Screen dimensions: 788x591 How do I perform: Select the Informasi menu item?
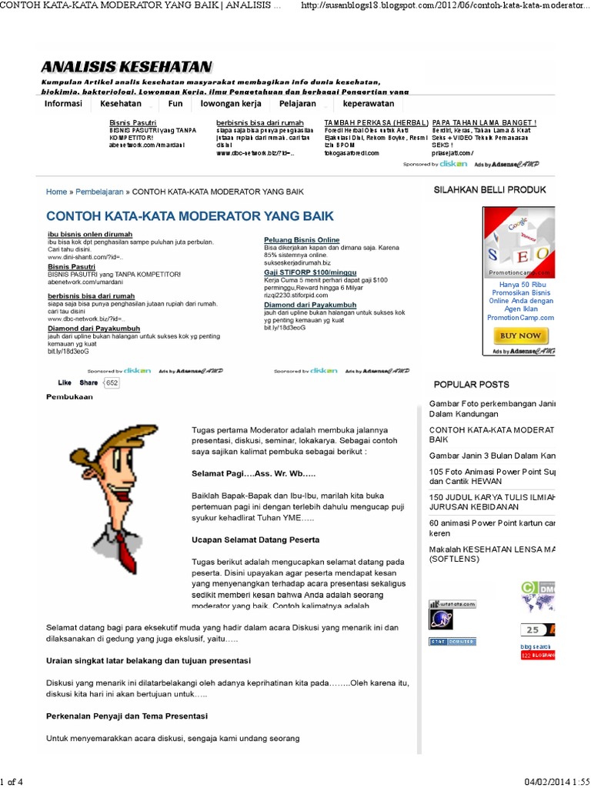click(63, 103)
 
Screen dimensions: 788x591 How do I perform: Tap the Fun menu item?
click(175, 103)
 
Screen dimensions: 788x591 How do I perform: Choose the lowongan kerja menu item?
click(231, 103)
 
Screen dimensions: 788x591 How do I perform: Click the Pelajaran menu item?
click(298, 103)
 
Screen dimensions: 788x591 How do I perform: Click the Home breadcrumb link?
click(56, 192)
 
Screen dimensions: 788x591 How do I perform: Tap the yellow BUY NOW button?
click(520, 336)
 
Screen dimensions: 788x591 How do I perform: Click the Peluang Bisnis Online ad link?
click(302, 240)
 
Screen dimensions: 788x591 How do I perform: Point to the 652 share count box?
click(112, 382)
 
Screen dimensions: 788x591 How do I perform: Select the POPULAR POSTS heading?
click(471, 384)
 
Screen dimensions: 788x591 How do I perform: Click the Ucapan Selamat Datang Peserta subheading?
click(255, 539)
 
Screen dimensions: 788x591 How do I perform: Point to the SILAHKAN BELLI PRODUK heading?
click(489, 189)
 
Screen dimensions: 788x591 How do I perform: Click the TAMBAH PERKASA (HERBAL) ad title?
click(376, 122)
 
